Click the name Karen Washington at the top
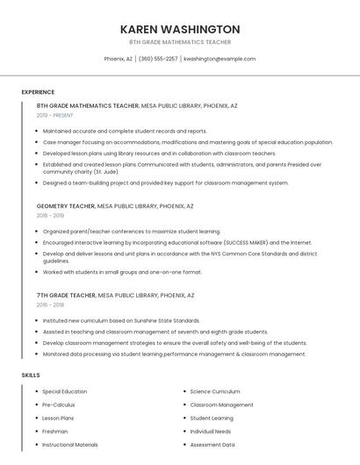coord(180,29)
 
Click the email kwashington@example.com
coord(220,59)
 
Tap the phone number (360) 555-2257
coord(158,59)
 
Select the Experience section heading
coord(38,92)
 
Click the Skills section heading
coord(31,376)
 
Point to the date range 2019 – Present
coord(55,115)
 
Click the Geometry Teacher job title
coord(66,206)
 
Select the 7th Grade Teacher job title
coord(67,297)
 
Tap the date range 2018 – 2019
coord(50,215)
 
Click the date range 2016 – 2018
coord(50,305)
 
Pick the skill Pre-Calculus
coord(60,405)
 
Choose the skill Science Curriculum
coord(215,391)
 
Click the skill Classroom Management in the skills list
coord(221,405)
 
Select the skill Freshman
coord(55,432)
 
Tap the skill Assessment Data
coord(212,445)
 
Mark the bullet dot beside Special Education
coord(36,391)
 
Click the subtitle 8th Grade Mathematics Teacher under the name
coord(180,42)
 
